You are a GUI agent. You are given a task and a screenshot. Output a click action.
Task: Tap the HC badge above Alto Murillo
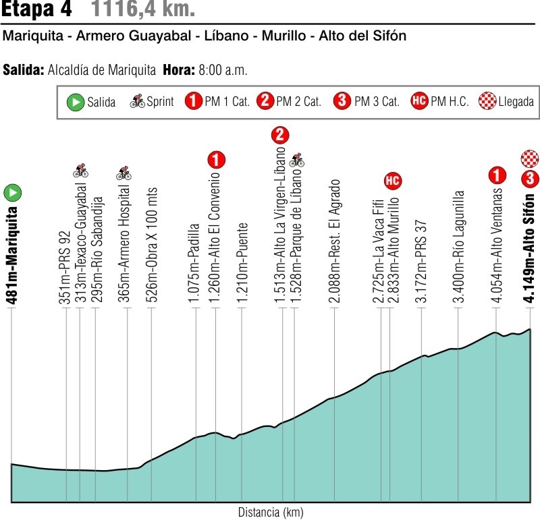tap(392, 180)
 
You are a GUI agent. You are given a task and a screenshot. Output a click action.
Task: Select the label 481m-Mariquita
tap(13, 247)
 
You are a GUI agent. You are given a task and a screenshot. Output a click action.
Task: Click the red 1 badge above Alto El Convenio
tap(216, 161)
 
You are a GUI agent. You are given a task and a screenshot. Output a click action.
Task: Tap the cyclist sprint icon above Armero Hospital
tap(124, 173)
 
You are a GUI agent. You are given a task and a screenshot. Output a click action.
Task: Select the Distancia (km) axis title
tap(270, 512)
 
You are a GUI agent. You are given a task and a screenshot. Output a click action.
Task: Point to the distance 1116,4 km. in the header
tap(142, 10)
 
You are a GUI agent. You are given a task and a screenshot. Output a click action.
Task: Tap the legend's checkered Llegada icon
tap(487, 103)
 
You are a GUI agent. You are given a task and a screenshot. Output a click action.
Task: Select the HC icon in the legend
tap(419, 103)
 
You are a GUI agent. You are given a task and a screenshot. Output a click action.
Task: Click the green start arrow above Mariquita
tap(12, 193)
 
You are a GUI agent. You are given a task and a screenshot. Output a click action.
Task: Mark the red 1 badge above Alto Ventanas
tap(497, 176)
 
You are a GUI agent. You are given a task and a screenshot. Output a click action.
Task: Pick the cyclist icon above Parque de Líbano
tap(297, 161)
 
